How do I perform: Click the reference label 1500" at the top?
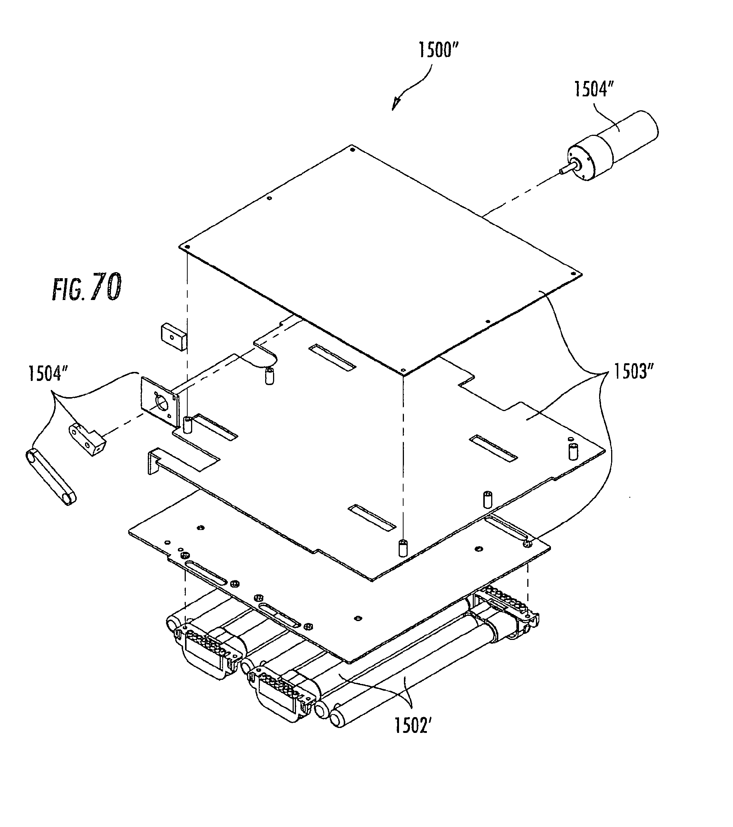pyautogui.click(x=438, y=51)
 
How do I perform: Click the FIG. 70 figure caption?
pyautogui.click(x=87, y=287)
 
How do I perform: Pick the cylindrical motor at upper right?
pyautogui.click(x=612, y=145)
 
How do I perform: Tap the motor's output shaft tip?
pyautogui.click(x=562, y=172)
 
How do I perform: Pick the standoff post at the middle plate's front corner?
pyautogui.click(x=402, y=548)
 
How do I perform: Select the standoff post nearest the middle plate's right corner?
pyautogui.click(x=572, y=452)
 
